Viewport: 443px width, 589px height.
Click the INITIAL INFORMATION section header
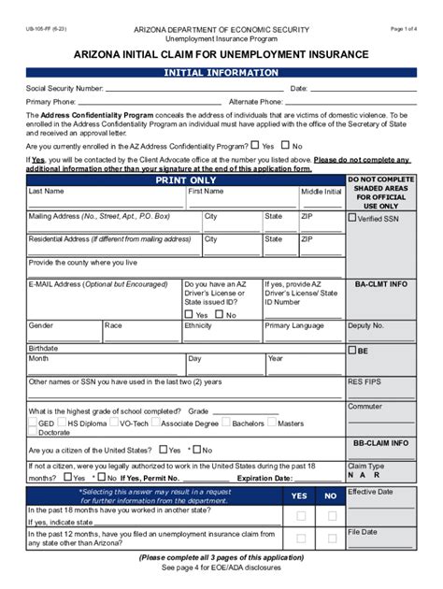point(221,72)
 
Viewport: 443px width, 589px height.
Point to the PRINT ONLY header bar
point(186,179)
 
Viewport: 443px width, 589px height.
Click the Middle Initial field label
point(321,191)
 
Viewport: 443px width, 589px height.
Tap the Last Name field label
point(47,191)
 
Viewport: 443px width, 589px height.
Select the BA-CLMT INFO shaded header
point(380,283)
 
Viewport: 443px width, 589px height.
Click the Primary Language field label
point(296,325)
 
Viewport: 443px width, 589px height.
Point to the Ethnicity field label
point(198,325)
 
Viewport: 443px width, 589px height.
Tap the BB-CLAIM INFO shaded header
point(380,442)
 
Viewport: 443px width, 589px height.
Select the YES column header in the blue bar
point(300,496)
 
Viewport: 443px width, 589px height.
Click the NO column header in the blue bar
point(330,496)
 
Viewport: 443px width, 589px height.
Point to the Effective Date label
point(370,491)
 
